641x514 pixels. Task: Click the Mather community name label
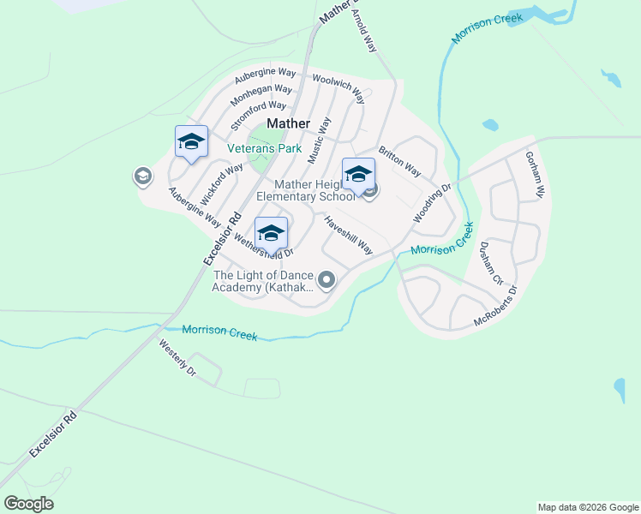tap(288, 123)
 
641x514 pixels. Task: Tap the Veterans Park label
tap(264, 148)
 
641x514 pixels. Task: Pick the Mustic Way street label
tap(319, 140)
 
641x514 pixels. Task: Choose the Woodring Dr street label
tap(432, 204)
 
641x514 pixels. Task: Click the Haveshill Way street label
tap(348, 234)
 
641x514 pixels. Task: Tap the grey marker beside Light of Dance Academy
tap(326, 280)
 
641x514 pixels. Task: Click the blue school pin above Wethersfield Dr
tap(271, 233)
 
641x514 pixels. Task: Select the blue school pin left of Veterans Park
tap(191, 142)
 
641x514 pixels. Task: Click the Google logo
tap(28, 504)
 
